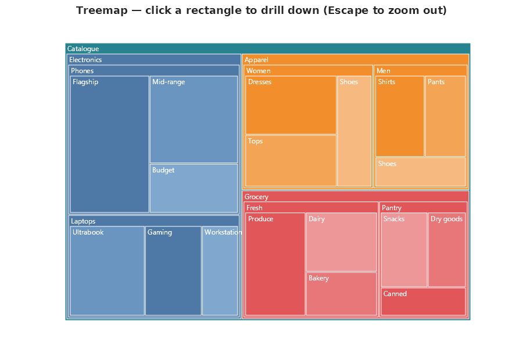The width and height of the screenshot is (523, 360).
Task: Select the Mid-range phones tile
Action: click(194, 120)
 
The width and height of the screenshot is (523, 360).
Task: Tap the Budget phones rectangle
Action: click(194, 188)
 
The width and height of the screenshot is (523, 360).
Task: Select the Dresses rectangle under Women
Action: click(291, 105)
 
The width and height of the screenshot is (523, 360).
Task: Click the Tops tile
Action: click(291, 161)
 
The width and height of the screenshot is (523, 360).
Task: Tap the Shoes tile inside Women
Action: click(354, 131)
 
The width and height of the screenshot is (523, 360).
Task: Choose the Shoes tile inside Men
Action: click(421, 172)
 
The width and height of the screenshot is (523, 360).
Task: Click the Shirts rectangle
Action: click(400, 116)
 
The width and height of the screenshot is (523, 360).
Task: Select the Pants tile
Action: click(445, 116)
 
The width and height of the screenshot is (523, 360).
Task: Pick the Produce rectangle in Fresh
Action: click(275, 264)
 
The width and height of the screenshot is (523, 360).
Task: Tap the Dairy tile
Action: click(341, 242)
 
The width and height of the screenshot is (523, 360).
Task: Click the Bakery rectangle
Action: click(341, 294)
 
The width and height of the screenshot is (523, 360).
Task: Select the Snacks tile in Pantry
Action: click(404, 250)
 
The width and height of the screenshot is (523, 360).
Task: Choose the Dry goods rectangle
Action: click(447, 250)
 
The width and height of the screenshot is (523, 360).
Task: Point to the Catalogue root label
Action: click(83, 49)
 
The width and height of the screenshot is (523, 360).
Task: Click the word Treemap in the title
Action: click(101, 10)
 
